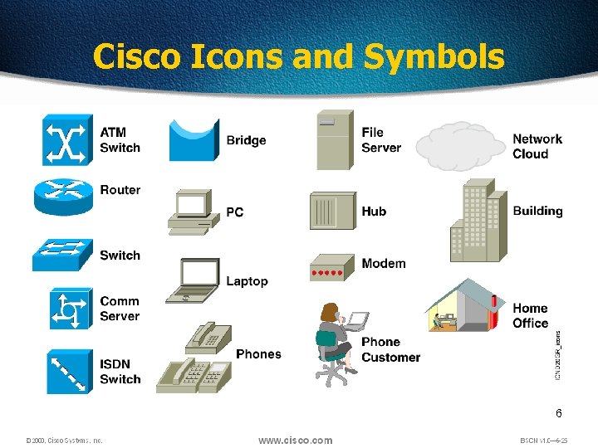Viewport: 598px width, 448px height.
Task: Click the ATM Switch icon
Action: point(65,140)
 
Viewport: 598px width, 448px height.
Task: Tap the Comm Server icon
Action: point(64,309)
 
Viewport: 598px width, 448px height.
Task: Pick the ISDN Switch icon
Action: point(64,371)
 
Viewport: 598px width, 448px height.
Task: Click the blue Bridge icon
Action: point(194,140)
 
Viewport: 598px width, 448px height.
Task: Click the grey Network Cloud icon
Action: point(460,145)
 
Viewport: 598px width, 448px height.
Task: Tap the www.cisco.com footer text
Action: point(295,441)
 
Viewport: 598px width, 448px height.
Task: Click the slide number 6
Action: point(559,413)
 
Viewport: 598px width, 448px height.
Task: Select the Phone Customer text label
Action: point(390,349)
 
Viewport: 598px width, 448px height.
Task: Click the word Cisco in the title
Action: point(138,56)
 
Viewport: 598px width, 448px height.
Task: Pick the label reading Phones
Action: point(258,354)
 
